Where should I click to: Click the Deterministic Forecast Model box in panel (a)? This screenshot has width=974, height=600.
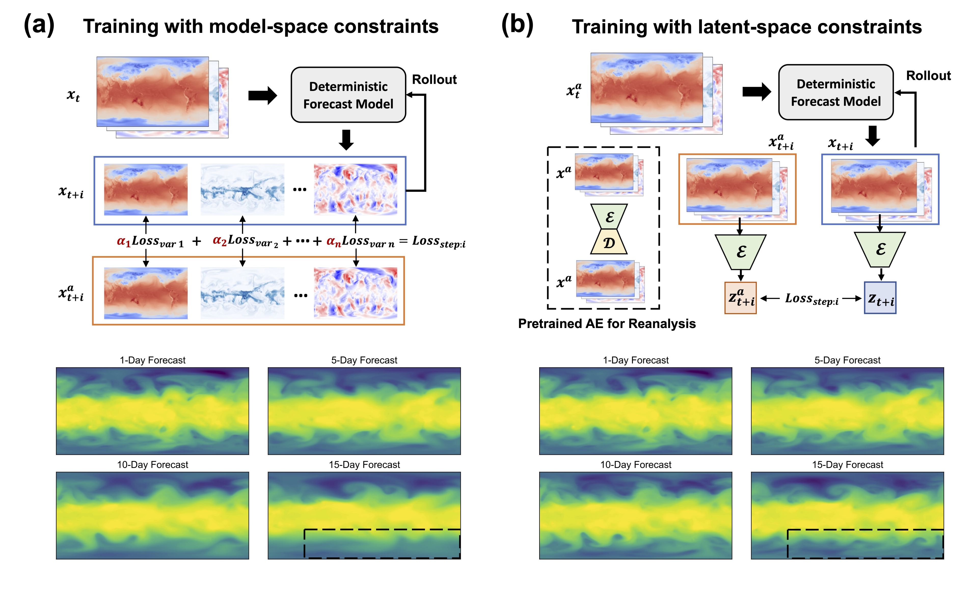[x=348, y=95]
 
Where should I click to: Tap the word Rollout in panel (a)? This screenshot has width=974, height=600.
[x=434, y=79]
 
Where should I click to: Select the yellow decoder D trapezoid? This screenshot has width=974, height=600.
[x=609, y=242]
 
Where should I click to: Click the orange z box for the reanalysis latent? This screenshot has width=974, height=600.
[x=740, y=298]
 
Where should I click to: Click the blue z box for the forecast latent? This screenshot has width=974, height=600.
[x=880, y=298]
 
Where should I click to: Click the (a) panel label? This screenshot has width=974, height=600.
[x=39, y=25]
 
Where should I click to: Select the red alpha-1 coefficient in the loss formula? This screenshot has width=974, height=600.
[x=124, y=241]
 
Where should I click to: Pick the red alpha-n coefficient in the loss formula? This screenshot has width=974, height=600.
[x=333, y=241]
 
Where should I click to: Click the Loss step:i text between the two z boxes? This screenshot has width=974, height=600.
[x=812, y=299]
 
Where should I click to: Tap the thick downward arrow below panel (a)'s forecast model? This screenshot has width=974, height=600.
[x=346, y=140]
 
